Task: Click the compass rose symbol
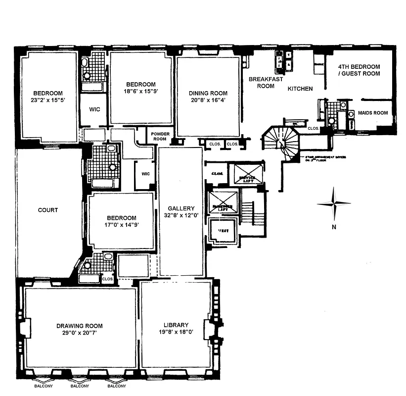(334, 203)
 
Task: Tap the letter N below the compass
(334, 227)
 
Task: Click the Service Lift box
(247, 177)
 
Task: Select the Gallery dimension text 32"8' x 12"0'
(181, 216)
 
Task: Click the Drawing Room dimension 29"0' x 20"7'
(79, 333)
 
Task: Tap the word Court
(48, 210)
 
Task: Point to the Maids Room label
(373, 113)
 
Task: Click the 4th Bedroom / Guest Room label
(359, 70)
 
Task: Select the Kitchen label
(300, 89)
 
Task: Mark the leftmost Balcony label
(43, 386)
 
